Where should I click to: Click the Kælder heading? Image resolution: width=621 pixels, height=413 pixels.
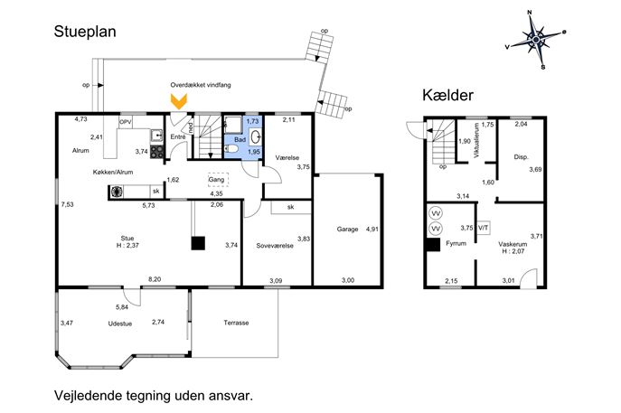coord(447,95)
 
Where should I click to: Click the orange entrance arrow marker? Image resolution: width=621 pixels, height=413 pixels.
coord(179,102)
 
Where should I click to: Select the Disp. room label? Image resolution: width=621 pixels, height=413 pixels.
coord(521,157)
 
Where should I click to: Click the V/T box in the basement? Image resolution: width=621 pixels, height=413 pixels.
coord(484,228)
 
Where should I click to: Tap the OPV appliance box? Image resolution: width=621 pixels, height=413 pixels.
coord(126,122)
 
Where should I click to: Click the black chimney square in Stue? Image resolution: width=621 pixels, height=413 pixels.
coord(197,242)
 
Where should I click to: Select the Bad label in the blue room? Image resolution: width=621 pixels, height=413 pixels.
coord(240,140)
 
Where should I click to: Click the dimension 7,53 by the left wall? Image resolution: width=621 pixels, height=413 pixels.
coord(67,205)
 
